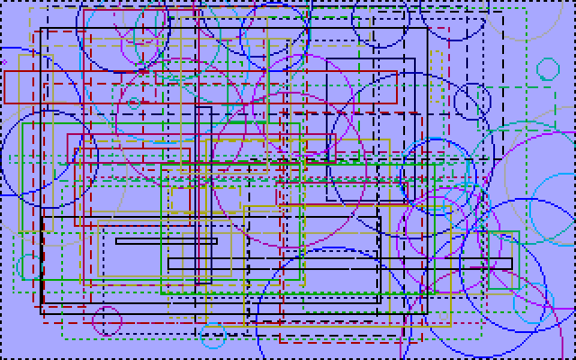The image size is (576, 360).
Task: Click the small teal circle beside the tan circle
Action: [x=547, y=69]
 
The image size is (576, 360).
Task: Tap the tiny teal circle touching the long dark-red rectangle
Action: [x=134, y=103]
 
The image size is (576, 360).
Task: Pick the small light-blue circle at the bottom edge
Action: [x=213, y=337]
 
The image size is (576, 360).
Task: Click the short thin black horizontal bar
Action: [x=166, y=241]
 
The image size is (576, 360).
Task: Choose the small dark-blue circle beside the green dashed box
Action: [x=472, y=102]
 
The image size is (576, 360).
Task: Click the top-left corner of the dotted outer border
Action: [x=2, y=2]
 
